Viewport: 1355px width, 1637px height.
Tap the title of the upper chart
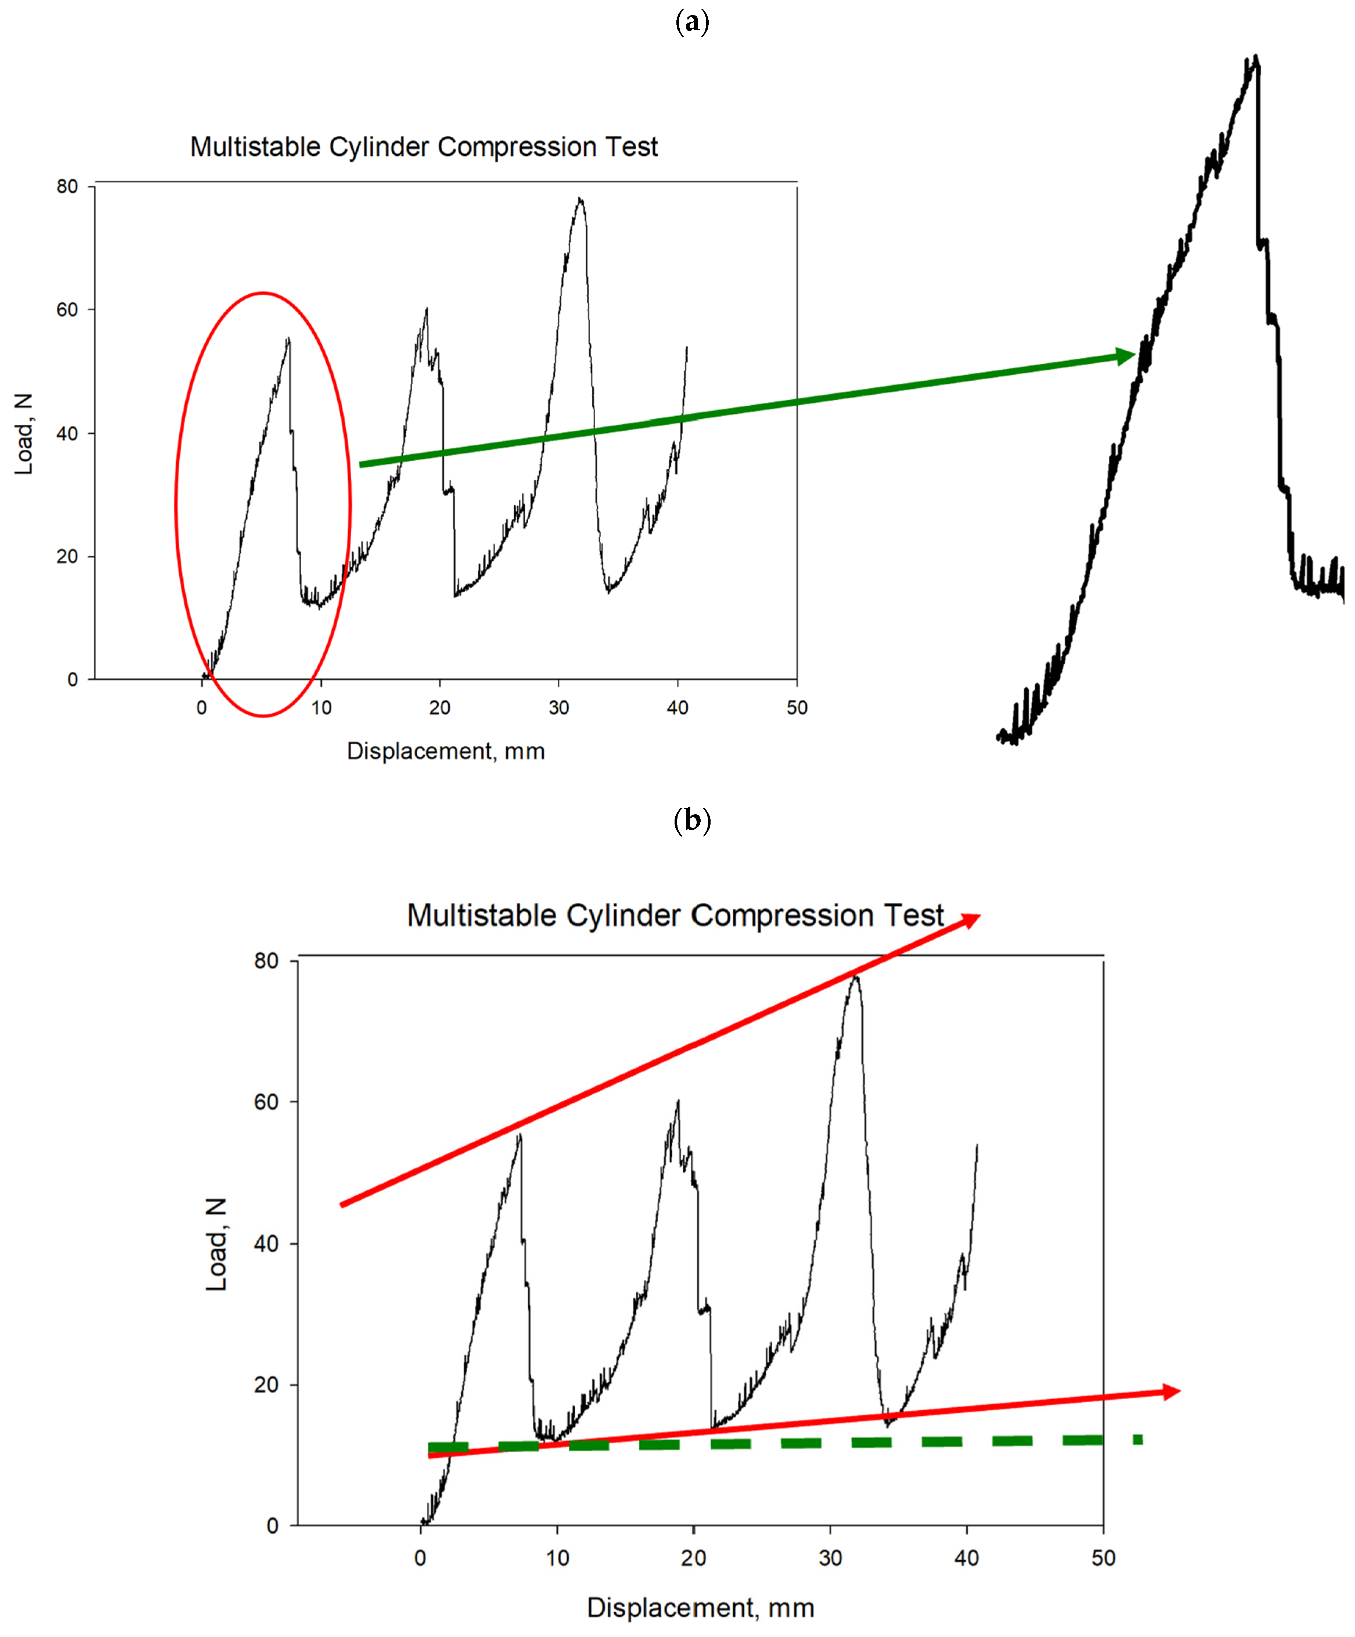pos(424,147)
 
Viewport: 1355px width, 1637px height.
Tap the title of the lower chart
pos(675,915)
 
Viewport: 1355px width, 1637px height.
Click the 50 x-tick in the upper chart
pos(796,708)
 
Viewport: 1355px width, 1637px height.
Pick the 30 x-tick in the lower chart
pos(830,1558)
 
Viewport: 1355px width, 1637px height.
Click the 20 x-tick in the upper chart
pos(440,708)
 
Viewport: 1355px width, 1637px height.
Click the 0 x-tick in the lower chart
pos(420,1558)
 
